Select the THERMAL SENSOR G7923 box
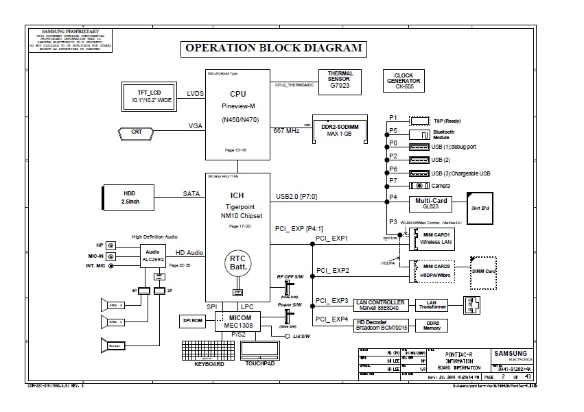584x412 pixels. click(340, 80)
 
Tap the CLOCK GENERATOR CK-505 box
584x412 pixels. click(403, 81)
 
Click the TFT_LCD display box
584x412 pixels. click(148, 96)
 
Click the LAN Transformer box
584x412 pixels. click(432, 304)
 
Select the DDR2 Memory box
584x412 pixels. click(432, 325)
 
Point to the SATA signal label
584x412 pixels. click(191, 194)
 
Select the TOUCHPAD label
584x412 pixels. click(260, 363)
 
